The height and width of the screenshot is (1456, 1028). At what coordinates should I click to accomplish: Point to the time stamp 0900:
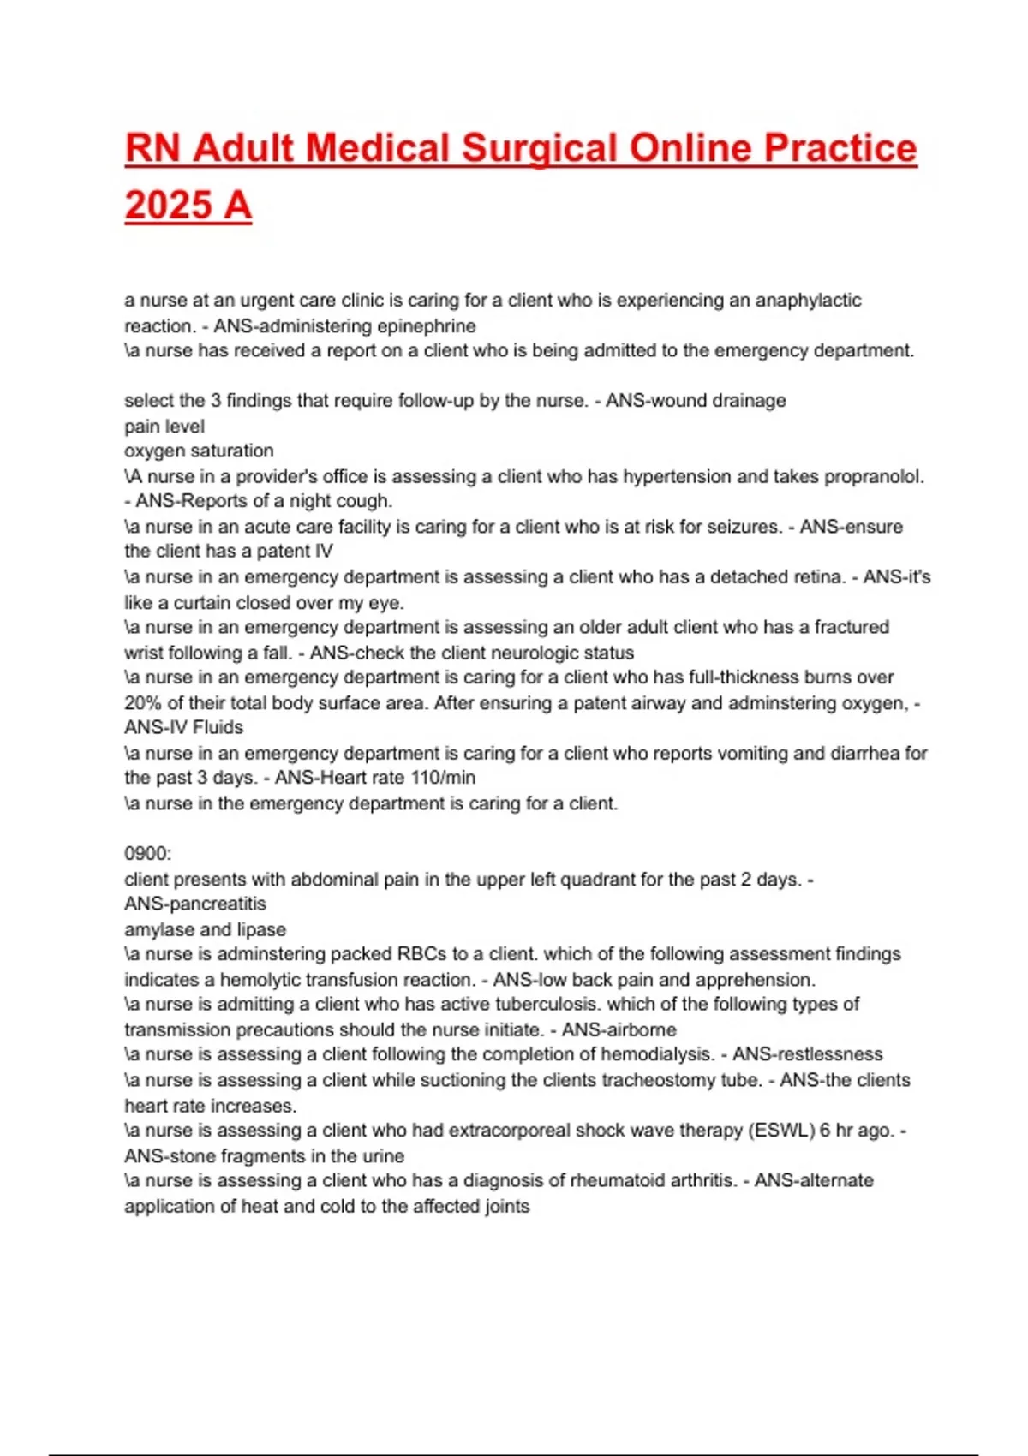[x=148, y=853]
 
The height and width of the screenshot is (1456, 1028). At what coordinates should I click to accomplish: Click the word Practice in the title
[x=840, y=148]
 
